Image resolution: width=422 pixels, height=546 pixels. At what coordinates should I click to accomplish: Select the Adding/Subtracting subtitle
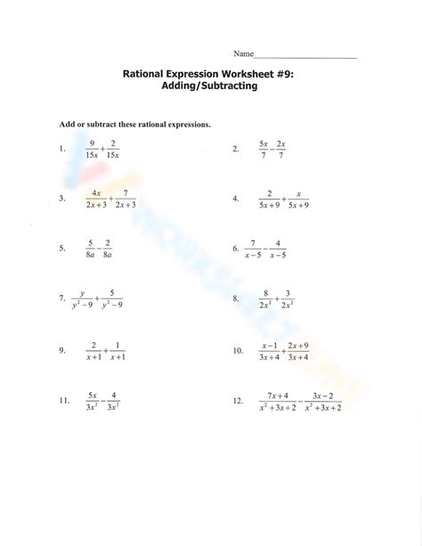click(210, 88)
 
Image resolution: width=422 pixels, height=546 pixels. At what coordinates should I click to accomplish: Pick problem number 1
click(61, 150)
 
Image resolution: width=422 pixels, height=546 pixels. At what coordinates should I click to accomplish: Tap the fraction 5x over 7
click(264, 150)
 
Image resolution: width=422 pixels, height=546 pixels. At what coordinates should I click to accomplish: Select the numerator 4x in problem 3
click(96, 193)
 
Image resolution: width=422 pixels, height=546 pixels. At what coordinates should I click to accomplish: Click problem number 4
click(236, 200)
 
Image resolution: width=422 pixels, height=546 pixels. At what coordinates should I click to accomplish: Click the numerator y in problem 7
click(82, 293)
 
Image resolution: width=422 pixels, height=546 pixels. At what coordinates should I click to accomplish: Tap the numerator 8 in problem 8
click(264, 293)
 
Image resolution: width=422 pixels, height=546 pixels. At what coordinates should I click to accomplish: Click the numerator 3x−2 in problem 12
click(322, 395)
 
